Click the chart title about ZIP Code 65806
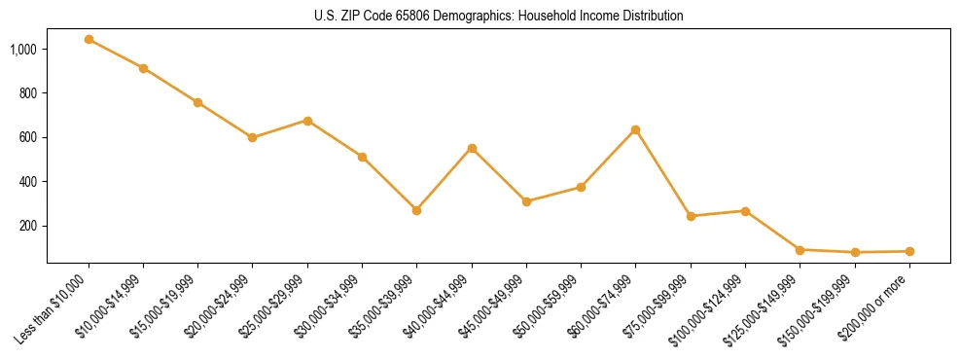tap(498, 16)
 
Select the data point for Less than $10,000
tap(89, 40)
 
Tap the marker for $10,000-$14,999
tap(143, 68)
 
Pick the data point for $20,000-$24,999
tap(253, 137)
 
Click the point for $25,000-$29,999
tap(307, 121)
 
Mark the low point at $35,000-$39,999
tap(416, 210)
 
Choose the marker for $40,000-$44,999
tap(472, 148)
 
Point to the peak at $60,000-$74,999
tap(635, 129)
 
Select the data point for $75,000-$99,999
tap(691, 216)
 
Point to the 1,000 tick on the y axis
tap(23, 49)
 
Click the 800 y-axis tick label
tap(29, 93)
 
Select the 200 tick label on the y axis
tap(29, 226)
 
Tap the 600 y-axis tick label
tap(29, 137)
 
